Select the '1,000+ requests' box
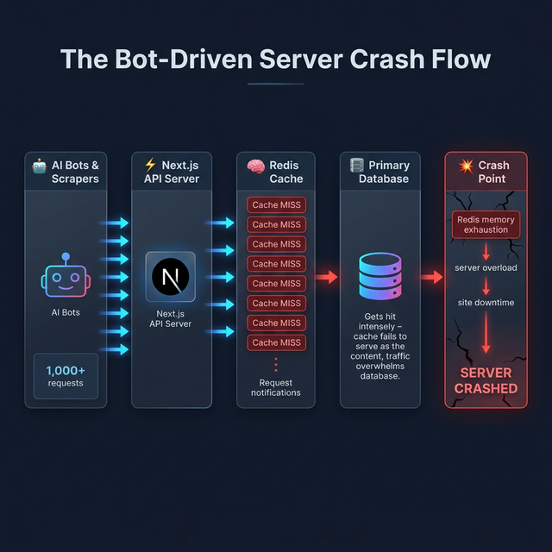coord(66,375)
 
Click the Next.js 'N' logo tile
coord(171,277)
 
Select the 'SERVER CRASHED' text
coord(486,380)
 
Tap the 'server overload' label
coord(486,268)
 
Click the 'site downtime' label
coord(486,303)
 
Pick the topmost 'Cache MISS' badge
coord(276,205)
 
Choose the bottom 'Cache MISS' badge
coord(276,342)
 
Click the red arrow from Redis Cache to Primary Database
coord(327,278)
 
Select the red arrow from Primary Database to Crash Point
coord(431,278)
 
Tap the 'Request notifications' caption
coord(276,387)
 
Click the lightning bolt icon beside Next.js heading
coord(150,165)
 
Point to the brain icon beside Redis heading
coord(254,165)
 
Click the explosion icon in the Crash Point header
coord(466,165)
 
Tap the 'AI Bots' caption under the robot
coord(66,312)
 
